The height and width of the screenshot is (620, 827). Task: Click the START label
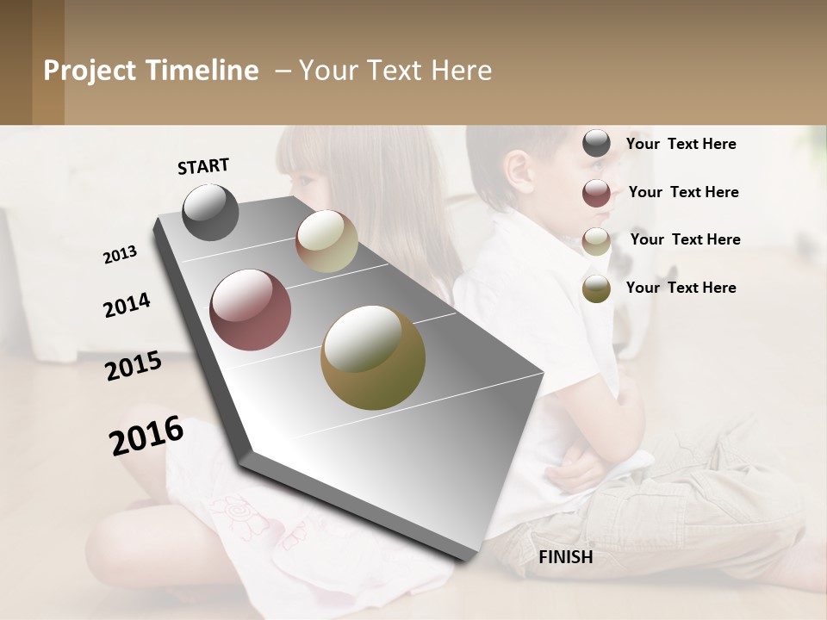[203, 166]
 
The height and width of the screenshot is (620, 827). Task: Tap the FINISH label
[565, 557]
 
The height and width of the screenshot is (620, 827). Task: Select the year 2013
[120, 255]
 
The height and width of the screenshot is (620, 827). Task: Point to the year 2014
[127, 305]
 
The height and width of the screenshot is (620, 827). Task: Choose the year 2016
[146, 436]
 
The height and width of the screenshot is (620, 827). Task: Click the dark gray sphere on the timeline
[210, 212]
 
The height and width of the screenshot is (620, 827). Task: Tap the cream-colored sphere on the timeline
[326, 241]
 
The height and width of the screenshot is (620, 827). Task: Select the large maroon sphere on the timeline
[250, 310]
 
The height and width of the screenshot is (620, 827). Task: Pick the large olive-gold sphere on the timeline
[372, 357]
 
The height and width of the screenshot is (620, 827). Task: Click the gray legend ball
[596, 144]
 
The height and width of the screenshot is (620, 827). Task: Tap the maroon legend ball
[596, 193]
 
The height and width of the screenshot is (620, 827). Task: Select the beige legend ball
[596, 241]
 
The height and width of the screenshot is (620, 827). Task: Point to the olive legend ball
[596, 288]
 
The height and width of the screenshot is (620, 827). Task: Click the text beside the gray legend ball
[681, 144]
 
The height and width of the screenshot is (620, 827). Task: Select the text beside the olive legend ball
[681, 288]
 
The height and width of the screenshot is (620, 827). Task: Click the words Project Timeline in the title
[151, 71]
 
